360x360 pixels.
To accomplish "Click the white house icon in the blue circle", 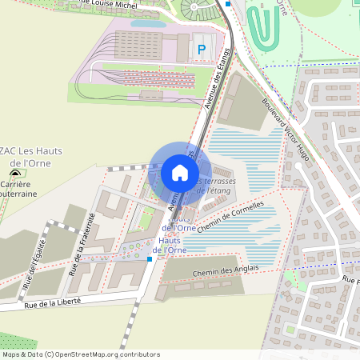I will [180, 173].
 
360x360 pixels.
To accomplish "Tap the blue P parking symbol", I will [201, 50].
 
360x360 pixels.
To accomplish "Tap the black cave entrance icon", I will [15, 172].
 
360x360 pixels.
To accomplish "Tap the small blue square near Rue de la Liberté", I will [150, 258].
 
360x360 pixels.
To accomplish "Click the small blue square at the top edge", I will [228, 3].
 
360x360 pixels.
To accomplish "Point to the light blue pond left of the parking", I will [148, 24].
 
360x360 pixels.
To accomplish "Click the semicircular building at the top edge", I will [198, 9].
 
